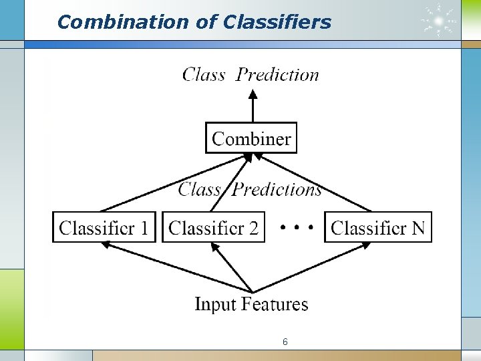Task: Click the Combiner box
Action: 251,138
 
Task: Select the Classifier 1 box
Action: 104,227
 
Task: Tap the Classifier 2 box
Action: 213,227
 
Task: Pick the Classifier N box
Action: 377,227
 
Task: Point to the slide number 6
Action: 285,342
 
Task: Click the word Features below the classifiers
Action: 275,304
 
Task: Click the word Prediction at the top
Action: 278,74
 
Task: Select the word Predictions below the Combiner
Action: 277,189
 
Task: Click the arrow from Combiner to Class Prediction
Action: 253,106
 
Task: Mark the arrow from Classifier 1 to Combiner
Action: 174,184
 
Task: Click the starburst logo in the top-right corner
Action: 439,21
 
